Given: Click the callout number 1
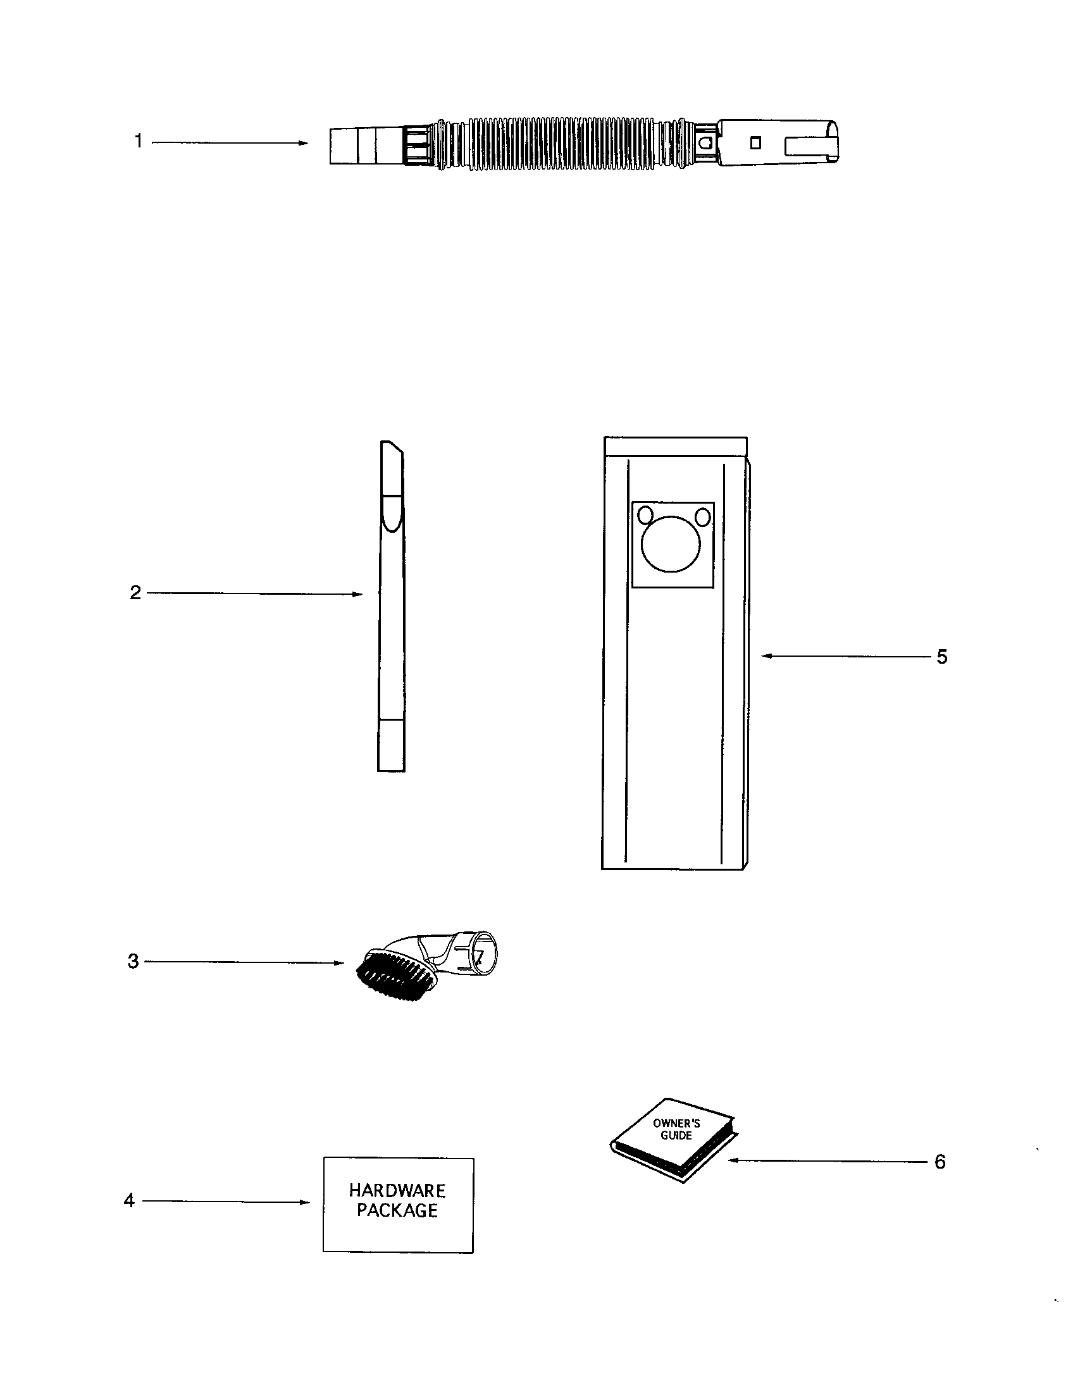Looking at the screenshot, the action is (139, 141).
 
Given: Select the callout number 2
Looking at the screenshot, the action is (135, 593).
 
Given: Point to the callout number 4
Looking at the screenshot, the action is (129, 1201).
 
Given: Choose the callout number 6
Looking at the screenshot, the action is (940, 1161).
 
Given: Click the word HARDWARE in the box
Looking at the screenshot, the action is (397, 1190).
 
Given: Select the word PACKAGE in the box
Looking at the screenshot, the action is (397, 1210).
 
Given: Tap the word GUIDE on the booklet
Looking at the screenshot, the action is (676, 1135).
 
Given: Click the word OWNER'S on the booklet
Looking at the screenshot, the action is (677, 1124).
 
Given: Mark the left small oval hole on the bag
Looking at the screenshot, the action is (645, 514).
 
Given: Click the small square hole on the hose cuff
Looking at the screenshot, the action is (755, 143).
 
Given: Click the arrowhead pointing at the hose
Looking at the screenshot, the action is (303, 143).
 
